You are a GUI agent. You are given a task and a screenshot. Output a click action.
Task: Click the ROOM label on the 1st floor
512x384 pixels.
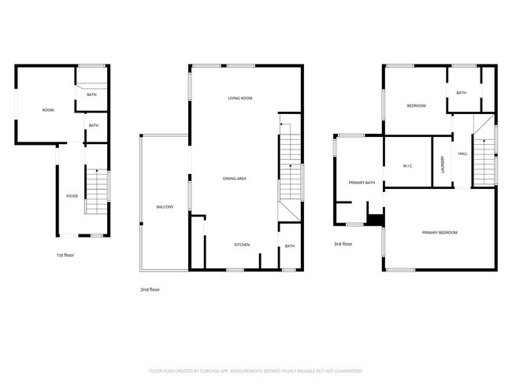(x=48, y=110)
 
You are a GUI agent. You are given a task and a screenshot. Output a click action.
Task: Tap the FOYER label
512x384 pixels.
(x=71, y=197)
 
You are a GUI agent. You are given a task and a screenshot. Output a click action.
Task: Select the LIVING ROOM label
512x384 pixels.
(x=239, y=98)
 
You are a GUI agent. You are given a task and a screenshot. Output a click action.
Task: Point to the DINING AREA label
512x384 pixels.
(x=235, y=179)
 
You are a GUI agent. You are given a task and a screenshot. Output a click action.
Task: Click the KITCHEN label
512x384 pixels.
(x=242, y=246)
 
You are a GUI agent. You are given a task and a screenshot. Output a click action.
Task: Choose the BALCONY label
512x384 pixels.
(x=165, y=207)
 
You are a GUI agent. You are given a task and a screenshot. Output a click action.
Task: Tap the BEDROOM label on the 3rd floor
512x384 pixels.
(x=416, y=106)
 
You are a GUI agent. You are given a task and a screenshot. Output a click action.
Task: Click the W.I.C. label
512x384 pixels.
(x=408, y=166)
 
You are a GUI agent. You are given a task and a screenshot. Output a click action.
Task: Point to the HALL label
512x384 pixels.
(x=463, y=154)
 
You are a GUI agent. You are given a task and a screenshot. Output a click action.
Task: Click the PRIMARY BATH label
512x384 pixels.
(x=362, y=183)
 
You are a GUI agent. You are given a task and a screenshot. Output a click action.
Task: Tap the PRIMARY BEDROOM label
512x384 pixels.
(x=440, y=233)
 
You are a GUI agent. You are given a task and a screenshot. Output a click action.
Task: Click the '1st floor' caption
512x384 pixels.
(x=65, y=255)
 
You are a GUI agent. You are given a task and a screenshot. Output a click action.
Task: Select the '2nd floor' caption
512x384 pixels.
(x=150, y=290)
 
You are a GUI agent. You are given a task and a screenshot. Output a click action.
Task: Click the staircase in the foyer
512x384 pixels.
(x=96, y=191)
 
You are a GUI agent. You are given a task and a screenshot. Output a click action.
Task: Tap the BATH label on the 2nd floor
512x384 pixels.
(x=290, y=246)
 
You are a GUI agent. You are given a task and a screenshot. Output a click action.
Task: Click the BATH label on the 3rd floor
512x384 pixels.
(x=461, y=93)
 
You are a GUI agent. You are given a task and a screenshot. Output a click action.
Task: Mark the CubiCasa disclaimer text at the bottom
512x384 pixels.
(x=256, y=371)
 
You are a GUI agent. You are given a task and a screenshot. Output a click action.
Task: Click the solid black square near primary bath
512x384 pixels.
(x=376, y=220)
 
